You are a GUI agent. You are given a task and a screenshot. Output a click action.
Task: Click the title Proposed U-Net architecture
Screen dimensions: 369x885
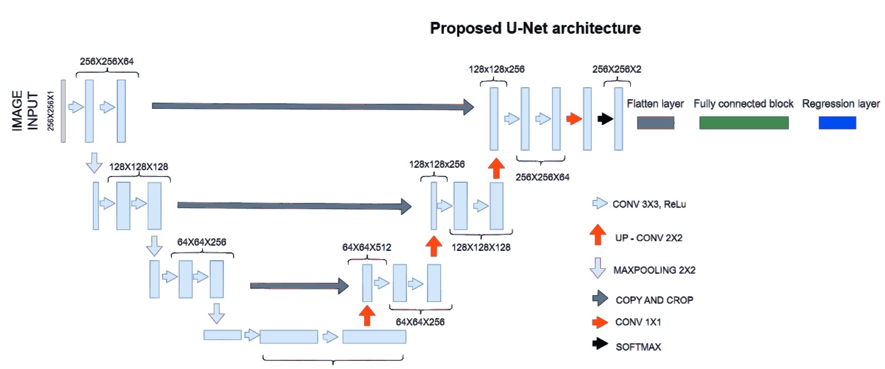coord(535,28)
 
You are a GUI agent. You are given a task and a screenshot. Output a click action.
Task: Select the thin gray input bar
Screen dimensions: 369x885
coord(64,111)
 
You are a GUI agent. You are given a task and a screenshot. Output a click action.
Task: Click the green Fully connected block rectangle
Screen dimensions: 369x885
coord(744,122)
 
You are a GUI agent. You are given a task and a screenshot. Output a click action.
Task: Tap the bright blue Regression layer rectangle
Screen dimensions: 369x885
coord(837,122)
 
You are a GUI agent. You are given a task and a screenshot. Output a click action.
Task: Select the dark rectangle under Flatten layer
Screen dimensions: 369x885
coord(655,122)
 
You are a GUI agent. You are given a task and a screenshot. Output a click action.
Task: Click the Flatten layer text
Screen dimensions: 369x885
coord(655,104)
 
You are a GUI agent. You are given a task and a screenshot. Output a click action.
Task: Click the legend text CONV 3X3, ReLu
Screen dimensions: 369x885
coord(649,203)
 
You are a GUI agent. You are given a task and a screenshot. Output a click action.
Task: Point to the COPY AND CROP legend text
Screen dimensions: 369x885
coord(650,300)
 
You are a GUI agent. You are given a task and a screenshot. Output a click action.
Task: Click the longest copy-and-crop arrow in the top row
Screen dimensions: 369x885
coord(313,106)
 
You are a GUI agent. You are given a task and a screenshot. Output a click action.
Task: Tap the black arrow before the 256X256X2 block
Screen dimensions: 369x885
coord(605,119)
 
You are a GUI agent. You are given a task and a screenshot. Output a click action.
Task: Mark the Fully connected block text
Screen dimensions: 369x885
coord(744,104)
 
